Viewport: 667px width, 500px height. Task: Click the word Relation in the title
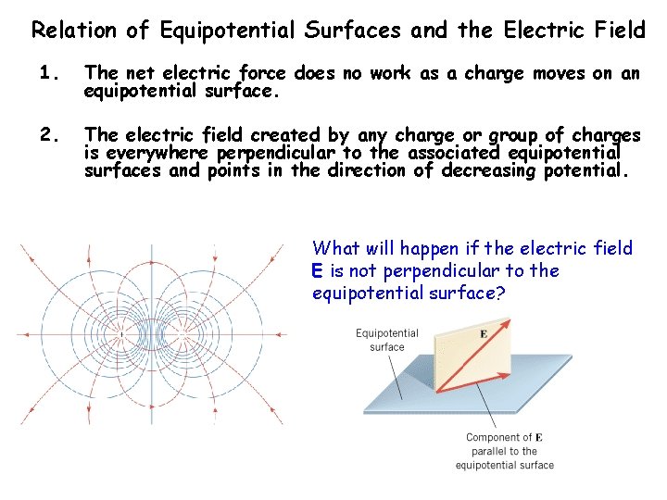coord(74,30)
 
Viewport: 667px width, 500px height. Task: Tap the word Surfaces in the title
coord(358,30)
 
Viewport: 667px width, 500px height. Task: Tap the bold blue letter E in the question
coord(318,271)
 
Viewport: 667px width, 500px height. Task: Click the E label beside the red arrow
coord(483,333)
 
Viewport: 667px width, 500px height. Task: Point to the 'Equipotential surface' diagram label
coord(387,340)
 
